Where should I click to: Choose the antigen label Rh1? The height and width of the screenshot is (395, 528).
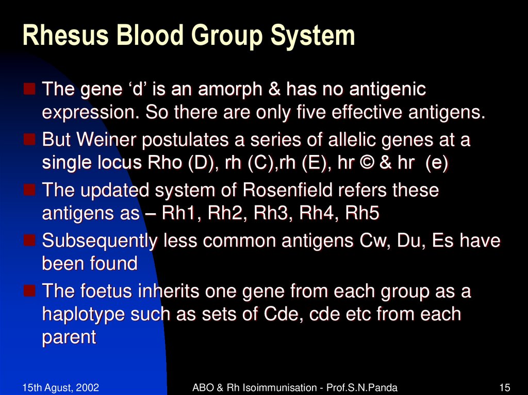click(x=179, y=213)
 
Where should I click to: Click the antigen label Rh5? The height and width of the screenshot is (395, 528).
click(x=362, y=213)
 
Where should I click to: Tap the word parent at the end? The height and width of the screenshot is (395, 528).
click(x=69, y=337)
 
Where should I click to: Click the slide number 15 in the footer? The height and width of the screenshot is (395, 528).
click(x=505, y=387)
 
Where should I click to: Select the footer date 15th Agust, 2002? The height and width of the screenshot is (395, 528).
click(x=61, y=387)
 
